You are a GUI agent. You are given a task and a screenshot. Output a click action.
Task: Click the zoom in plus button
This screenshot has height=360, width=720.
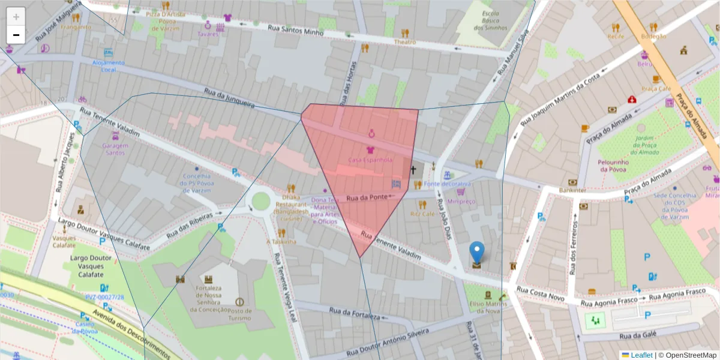(16, 17)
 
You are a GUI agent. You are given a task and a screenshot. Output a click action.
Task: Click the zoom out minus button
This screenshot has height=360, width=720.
(16, 35)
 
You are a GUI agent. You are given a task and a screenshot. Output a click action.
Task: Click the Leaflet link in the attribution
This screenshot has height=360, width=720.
(640, 355)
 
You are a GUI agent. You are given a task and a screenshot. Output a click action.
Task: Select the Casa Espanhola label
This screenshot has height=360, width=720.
(370, 160)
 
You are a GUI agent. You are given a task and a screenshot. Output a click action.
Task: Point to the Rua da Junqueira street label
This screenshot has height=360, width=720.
(229, 100)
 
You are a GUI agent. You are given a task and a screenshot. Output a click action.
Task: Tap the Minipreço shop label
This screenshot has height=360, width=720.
(461, 202)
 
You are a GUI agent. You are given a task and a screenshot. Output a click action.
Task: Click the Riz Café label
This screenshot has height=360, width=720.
(422, 214)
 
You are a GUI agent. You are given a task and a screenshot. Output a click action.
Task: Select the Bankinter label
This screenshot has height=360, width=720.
(572, 190)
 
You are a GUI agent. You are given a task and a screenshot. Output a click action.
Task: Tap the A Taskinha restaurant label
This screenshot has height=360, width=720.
(281, 241)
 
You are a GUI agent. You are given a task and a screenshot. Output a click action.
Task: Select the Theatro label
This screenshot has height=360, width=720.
(405, 42)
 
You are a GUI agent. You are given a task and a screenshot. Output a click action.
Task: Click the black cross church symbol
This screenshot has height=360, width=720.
(413, 170)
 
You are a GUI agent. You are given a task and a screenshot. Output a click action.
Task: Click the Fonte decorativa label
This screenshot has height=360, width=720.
(447, 184)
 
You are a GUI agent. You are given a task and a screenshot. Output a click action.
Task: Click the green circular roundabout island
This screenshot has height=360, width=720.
(261, 201)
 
